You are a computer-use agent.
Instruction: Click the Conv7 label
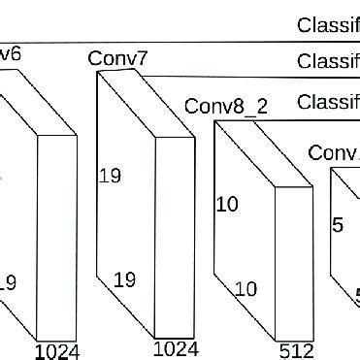(x=117, y=59)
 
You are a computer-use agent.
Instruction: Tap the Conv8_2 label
(x=225, y=105)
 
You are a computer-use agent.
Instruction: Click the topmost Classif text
(x=328, y=25)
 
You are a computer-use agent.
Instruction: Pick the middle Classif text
(x=328, y=63)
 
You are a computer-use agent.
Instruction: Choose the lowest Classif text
(x=328, y=102)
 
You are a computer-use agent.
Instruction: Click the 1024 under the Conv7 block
(x=176, y=348)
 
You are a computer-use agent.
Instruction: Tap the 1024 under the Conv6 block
(x=56, y=350)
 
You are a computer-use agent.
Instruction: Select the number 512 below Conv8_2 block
(x=293, y=348)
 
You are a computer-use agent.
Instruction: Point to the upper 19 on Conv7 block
(x=110, y=176)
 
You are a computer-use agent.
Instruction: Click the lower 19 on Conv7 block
(x=124, y=279)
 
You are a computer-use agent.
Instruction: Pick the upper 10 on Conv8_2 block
(x=226, y=205)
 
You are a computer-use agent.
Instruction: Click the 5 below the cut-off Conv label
(x=338, y=225)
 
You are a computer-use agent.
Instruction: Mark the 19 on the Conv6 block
(x=8, y=283)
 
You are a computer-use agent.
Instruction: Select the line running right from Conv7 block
(x=252, y=77)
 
